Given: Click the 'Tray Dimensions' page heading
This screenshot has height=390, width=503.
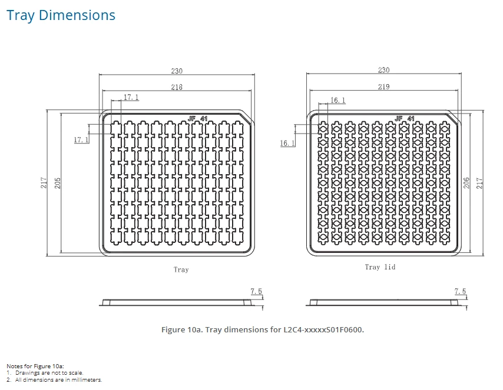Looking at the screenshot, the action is point(61,15).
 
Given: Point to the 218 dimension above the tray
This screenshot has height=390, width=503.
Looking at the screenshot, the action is point(177,87).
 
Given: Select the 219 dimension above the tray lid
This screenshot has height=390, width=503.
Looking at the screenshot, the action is point(383,86).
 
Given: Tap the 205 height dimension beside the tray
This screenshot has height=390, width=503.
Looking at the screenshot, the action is point(57,183).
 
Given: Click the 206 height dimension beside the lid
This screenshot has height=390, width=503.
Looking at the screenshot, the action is point(466,183).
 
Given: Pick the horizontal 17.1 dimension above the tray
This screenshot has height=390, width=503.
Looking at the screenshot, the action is point(131,97).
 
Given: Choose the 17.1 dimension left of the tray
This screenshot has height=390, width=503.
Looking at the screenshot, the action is point(81,140).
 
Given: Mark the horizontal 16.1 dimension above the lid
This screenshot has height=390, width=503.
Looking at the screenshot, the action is point(338,101).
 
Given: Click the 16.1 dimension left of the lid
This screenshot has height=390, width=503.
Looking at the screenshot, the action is point(287,143).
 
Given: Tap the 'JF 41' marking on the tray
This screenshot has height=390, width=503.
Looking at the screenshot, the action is point(198,119).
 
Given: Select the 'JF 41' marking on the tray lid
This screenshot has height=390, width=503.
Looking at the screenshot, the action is point(405,119).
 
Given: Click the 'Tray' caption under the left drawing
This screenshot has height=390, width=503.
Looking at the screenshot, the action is point(181,269).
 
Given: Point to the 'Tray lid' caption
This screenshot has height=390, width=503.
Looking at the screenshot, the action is point(380,267).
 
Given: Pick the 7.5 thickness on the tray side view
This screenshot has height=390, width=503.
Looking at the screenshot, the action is point(256,291).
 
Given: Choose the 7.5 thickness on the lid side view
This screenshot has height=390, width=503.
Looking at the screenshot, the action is point(460,291).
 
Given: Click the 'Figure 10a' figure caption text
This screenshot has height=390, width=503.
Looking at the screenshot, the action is point(263,329).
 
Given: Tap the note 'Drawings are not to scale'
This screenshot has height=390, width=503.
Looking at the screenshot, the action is point(49,373).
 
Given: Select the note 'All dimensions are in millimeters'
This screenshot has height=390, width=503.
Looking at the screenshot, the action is point(58,380).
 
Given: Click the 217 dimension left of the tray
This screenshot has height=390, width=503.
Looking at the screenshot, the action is point(44,183).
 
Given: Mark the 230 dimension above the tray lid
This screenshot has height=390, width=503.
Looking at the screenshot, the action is point(383,70).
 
